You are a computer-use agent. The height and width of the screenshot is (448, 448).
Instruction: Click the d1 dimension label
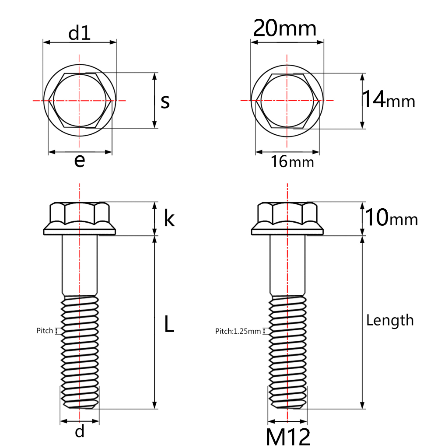(80, 33)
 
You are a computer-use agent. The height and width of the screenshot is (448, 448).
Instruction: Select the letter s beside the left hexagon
(165, 101)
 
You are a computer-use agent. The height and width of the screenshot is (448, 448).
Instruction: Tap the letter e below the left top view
(79, 161)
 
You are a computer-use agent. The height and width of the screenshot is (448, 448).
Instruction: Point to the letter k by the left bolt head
(169, 219)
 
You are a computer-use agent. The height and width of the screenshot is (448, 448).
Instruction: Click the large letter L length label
(169, 324)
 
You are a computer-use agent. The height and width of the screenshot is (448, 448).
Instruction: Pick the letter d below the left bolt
(80, 432)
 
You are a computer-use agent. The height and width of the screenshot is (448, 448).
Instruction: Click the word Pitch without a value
(44, 331)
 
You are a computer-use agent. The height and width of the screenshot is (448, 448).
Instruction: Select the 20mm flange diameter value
(285, 29)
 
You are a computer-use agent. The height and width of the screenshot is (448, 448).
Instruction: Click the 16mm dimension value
(292, 162)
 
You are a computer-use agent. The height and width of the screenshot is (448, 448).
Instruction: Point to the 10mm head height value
(391, 218)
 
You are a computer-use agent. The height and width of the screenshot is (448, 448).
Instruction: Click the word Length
(390, 320)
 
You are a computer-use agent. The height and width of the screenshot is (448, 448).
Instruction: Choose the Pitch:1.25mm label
(238, 331)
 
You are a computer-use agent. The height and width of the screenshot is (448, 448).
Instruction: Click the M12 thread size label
(288, 437)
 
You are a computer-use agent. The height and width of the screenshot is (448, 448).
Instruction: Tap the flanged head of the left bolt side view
(80, 219)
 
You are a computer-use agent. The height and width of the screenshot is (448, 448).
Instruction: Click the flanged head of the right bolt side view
(287, 219)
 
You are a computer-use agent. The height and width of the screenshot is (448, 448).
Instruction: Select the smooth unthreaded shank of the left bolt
(80, 265)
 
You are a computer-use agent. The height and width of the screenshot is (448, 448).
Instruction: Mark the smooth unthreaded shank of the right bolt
(287, 265)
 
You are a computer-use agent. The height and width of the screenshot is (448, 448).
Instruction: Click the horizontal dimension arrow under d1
(80, 42)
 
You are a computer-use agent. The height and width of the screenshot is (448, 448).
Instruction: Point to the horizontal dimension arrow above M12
(287, 422)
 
